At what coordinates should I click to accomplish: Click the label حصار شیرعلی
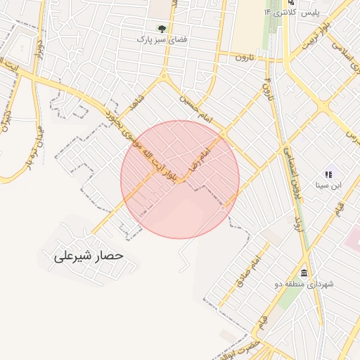(89, 256)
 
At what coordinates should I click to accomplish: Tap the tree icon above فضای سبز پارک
(162, 29)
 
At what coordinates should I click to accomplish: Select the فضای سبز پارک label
(162, 39)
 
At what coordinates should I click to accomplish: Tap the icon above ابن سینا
(327, 174)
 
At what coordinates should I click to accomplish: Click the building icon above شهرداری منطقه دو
(304, 273)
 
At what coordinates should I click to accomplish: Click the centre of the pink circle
(180, 179)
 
